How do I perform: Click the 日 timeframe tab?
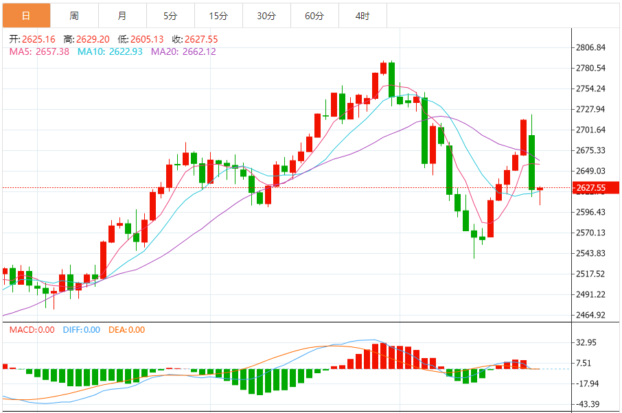pyautogui.click(x=26, y=15)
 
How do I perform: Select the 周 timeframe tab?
pyautogui.click(x=74, y=15)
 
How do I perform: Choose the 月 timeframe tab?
pyautogui.click(x=122, y=15)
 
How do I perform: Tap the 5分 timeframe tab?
pyautogui.click(x=170, y=15)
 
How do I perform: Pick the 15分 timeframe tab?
pyautogui.click(x=218, y=15)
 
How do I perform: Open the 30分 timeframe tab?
pyautogui.click(x=266, y=15)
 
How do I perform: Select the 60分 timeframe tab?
pyautogui.click(x=314, y=15)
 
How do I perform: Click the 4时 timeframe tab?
pyautogui.click(x=362, y=15)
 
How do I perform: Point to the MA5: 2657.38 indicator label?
pyautogui.click(x=39, y=51)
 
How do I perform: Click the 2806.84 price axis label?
pyautogui.click(x=591, y=47)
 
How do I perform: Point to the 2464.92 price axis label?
pyautogui.click(x=591, y=316)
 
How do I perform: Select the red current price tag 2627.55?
pyautogui.click(x=591, y=188)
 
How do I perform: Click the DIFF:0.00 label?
pyautogui.click(x=81, y=330)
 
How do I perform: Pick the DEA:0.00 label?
pyautogui.click(x=126, y=330)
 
